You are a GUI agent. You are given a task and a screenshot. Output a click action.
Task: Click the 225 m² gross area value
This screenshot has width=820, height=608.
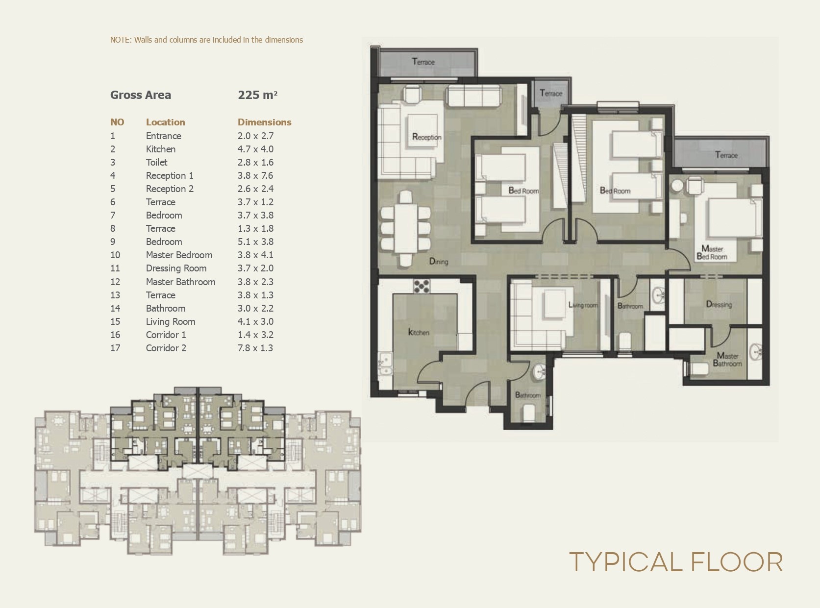point(258,95)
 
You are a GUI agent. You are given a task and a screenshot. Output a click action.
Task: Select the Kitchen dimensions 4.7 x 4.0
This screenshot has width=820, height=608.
point(255,149)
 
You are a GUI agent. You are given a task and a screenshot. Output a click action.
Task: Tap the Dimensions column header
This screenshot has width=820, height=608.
point(264,122)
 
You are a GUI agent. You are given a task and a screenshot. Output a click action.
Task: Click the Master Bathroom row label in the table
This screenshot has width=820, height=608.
point(180,282)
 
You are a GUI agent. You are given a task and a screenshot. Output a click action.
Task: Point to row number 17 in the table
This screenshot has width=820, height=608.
point(115,348)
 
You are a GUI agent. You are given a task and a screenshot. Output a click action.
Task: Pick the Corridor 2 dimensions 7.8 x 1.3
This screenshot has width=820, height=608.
point(255,348)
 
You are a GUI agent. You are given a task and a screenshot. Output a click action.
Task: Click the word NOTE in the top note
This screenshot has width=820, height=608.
point(120,40)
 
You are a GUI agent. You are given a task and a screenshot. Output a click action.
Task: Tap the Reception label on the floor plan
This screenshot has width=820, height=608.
point(426,137)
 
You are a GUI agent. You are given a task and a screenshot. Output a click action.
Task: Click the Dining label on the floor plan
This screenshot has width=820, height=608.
point(439,262)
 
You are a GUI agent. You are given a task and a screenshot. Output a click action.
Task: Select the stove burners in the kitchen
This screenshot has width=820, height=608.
point(422,286)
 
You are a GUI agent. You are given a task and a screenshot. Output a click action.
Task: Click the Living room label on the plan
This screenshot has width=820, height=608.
point(583,305)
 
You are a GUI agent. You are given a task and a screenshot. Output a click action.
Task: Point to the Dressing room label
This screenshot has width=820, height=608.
point(719,305)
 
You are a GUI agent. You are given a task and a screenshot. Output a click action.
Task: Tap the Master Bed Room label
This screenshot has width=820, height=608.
point(712,253)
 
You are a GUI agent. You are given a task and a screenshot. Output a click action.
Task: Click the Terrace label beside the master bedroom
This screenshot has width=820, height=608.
point(726,155)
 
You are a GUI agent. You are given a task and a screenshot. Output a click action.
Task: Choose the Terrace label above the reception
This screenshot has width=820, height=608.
point(423,62)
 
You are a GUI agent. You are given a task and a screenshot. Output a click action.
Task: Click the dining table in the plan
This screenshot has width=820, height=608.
point(405,228)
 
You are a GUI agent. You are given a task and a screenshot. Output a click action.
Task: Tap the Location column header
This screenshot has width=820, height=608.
point(165,122)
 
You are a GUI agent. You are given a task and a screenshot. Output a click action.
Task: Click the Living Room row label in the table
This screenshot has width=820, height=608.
point(171,322)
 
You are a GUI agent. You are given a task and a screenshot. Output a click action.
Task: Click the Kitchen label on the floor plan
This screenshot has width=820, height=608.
point(419,332)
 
